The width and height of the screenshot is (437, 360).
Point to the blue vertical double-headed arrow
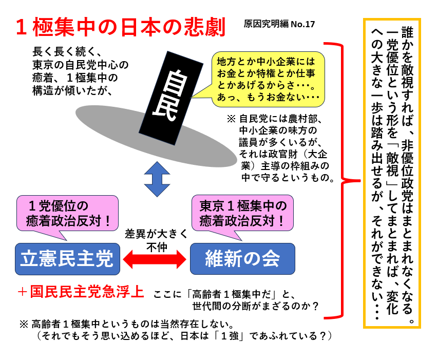[156, 179]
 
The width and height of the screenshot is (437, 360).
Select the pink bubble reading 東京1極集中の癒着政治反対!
[243, 214]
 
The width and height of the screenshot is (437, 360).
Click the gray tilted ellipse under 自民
[154, 135]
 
